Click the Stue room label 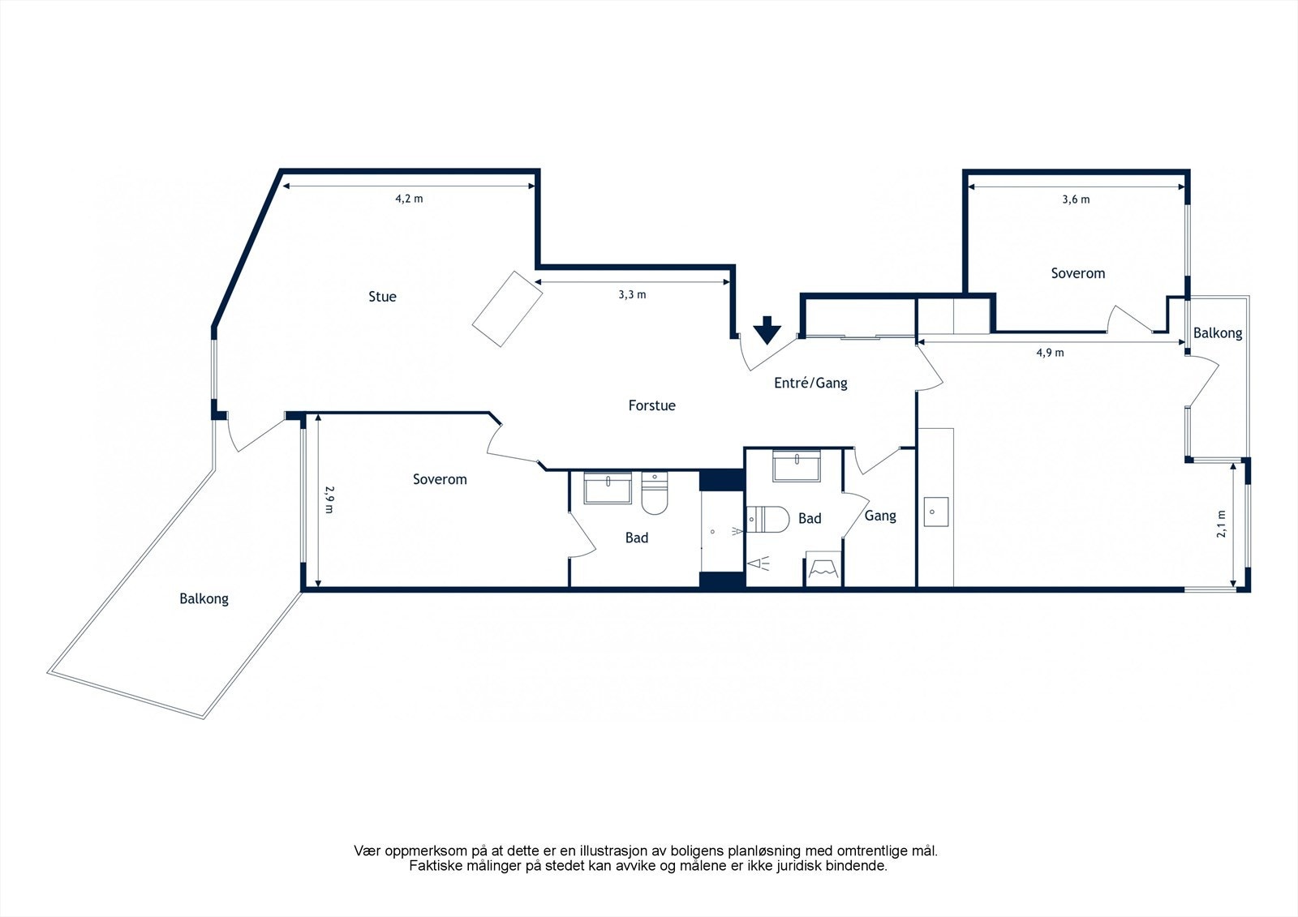pos(382,297)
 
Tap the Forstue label pos(652,405)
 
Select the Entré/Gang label pos(810,383)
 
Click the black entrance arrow pos(767,330)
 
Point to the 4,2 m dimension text pos(409,199)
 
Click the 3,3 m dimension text pos(632,294)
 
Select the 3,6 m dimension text pos(1076,199)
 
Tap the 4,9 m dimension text pos(1050,352)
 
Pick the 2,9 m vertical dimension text pos(329,499)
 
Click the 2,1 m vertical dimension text pos(1221,524)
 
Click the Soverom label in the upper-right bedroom pos(1078,273)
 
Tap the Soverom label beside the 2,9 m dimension pos(440,479)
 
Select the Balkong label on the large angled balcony pos(204,599)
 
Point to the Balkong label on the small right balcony pos(1218,333)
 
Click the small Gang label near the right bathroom pos(880,516)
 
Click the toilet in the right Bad pos(767,520)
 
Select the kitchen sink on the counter pos(936,512)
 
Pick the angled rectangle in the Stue pos(507,309)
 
